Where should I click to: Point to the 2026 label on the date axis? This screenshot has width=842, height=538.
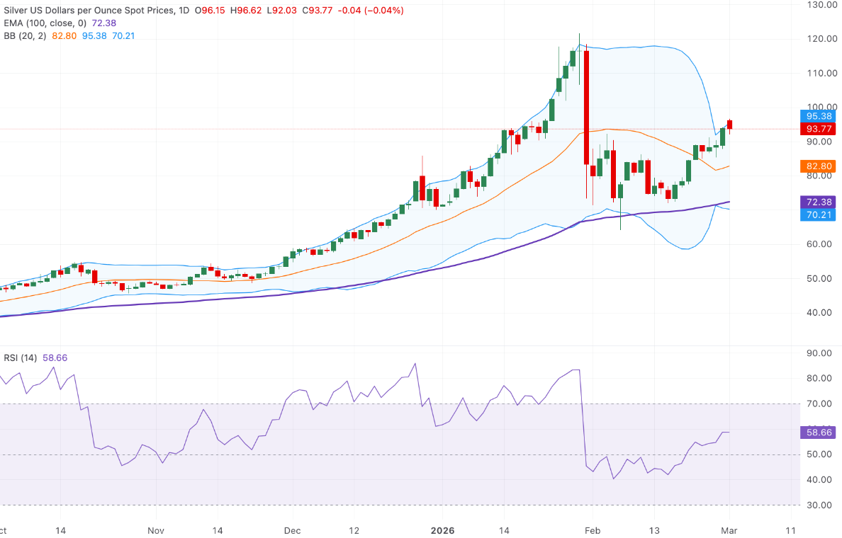coord(442,530)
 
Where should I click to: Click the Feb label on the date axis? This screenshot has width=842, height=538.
coord(593,530)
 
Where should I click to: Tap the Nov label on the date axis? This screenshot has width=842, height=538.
coord(156,530)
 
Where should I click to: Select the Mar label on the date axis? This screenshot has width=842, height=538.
coord(730,530)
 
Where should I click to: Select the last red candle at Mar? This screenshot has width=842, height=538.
coord(730,125)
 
